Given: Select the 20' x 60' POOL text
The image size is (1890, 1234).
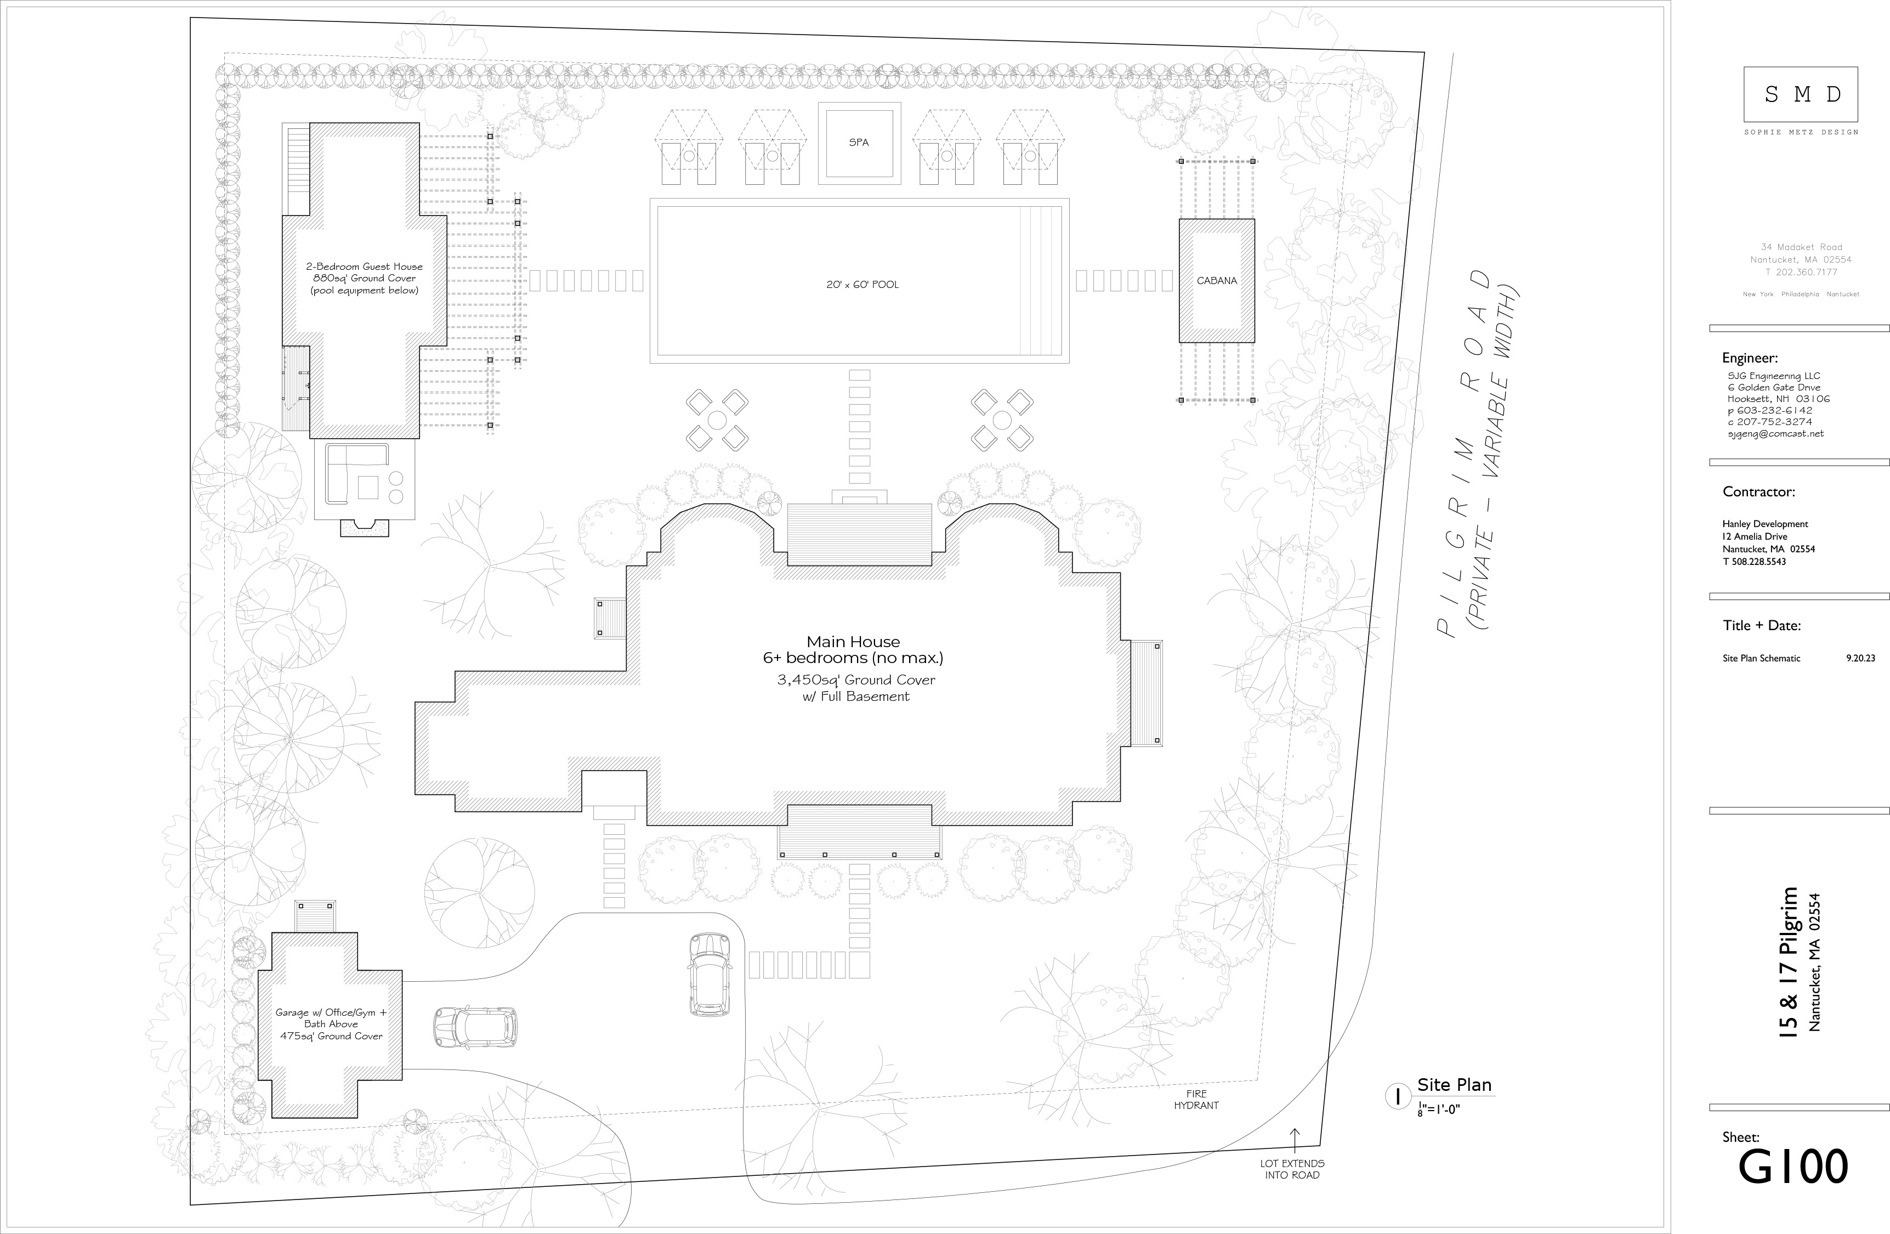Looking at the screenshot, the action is (862, 284).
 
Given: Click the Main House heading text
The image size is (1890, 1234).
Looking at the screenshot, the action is (854, 642).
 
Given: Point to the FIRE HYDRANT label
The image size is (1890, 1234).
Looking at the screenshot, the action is (1196, 1099).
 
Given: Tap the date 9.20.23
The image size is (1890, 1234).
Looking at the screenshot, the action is (1860, 658).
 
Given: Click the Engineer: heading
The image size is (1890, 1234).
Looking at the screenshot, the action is (1750, 358).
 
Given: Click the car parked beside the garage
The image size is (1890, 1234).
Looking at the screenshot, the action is (475, 1027).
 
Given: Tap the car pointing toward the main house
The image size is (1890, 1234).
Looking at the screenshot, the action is (710, 973).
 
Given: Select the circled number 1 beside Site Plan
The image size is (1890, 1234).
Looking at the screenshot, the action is (1397, 1097).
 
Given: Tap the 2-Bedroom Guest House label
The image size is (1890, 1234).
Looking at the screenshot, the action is (365, 267).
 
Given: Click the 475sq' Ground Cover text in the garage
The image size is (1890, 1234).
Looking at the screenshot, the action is (331, 1035).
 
